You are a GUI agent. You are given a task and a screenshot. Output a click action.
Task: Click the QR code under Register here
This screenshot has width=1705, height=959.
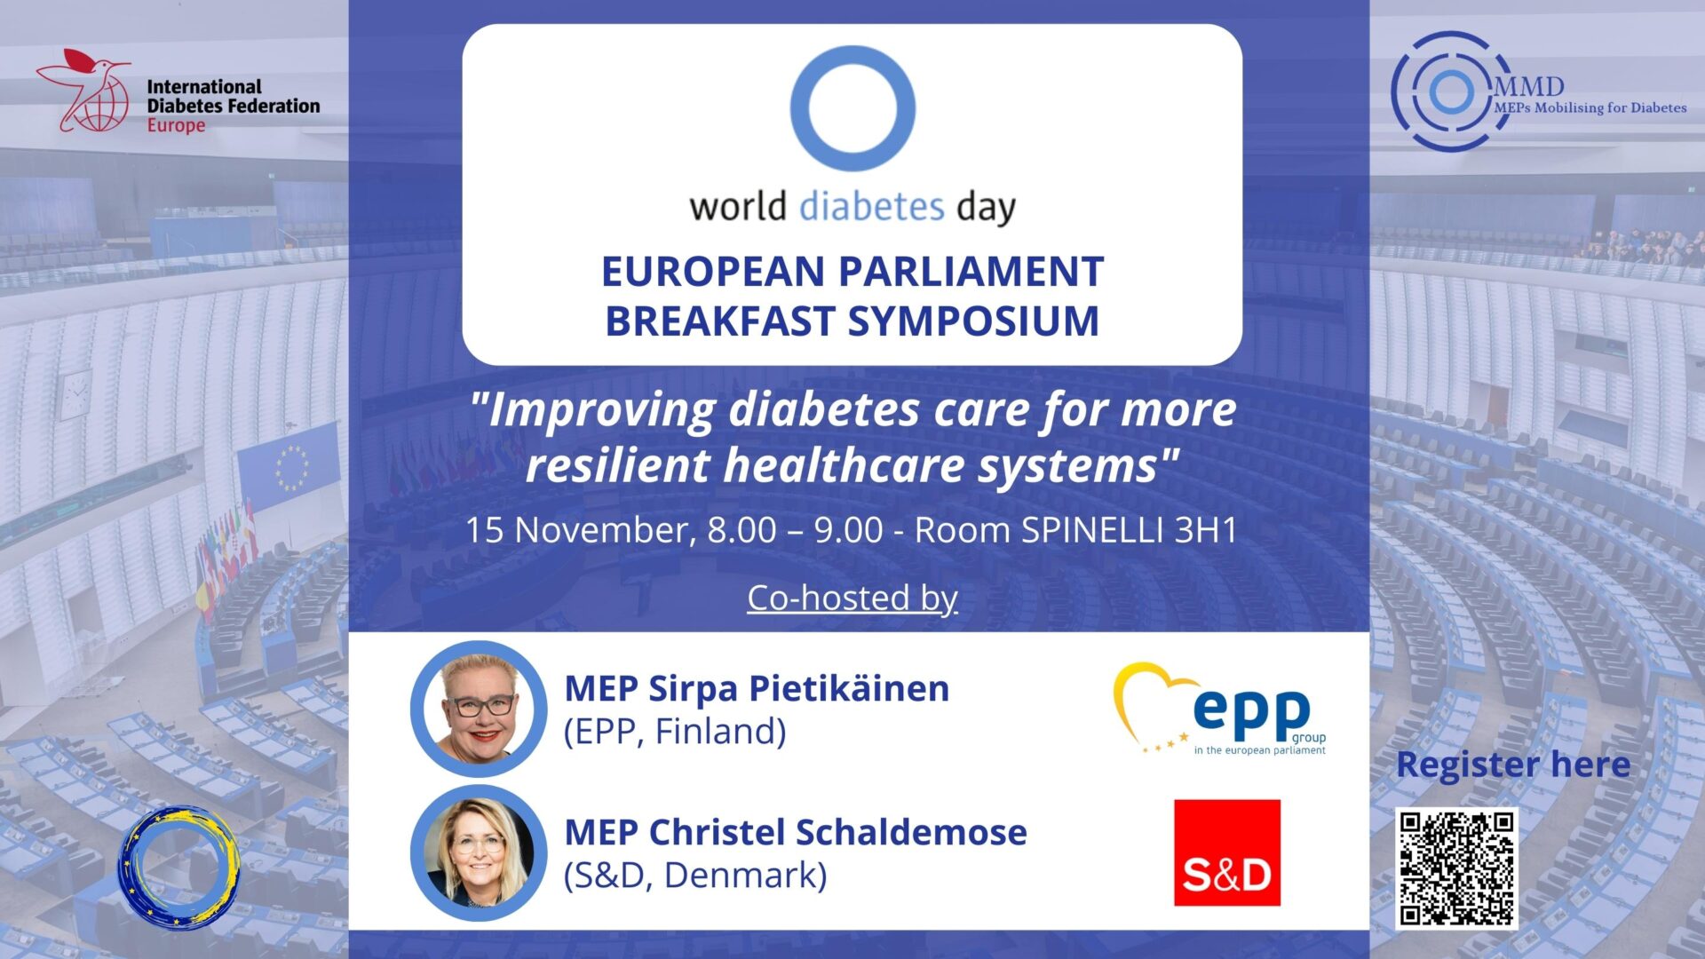coord(1456,868)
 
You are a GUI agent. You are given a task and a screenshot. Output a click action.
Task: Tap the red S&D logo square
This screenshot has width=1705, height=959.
coord(1226,852)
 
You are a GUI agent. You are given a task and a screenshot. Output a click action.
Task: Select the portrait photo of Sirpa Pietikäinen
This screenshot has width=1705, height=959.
coord(479,709)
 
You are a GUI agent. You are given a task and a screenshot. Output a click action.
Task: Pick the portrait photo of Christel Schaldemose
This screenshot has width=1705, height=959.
coord(479,852)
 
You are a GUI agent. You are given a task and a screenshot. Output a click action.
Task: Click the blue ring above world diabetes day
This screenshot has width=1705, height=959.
coord(852,108)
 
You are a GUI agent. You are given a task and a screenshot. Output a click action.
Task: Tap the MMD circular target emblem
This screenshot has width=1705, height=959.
coord(1450,91)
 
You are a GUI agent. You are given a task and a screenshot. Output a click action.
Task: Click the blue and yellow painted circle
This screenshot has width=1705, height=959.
coord(180,868)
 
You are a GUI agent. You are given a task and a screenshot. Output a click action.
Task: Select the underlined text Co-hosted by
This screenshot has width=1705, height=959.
coord(852,598)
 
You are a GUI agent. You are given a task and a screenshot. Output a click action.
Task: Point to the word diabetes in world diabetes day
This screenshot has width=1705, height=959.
coord(871,207)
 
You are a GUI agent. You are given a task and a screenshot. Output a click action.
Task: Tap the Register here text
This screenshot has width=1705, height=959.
coord(1512,765)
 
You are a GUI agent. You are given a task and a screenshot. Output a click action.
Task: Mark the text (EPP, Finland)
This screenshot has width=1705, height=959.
coord(675,732)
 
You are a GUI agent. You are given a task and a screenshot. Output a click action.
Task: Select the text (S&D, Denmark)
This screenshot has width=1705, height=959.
coord(695,876)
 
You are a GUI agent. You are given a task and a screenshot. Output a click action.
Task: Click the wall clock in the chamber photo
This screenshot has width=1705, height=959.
coord(75,393)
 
